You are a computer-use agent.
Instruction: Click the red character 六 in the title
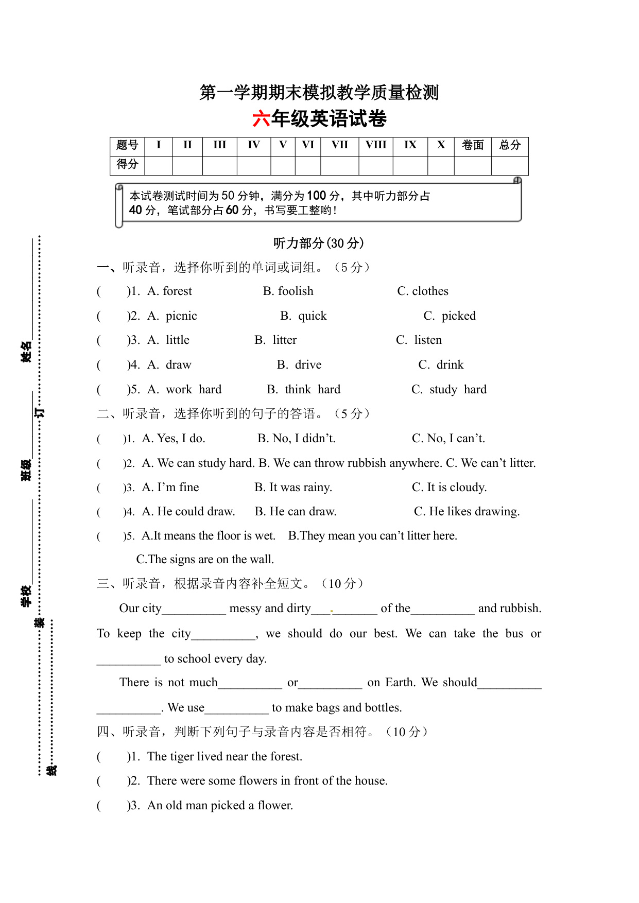point(262,119)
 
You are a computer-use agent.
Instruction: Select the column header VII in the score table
point(339,145)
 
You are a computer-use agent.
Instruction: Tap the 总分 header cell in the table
point(510,145)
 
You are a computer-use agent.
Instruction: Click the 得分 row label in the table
point(127,164)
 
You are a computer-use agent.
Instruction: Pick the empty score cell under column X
point(441,165)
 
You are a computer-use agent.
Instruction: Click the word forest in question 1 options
point(177,291)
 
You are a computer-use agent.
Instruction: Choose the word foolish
point(296,291)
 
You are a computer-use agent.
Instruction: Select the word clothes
point(430,291)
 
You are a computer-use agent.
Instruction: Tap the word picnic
point(181,316)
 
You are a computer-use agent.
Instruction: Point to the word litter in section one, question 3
point(285,340)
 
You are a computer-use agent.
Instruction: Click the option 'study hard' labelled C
point(458,390)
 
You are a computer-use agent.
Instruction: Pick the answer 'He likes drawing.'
point(474,512)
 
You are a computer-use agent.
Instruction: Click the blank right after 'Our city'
point(194,610)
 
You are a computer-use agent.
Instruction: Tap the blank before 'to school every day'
point(129,660)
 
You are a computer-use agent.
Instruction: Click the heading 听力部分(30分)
point(319,243)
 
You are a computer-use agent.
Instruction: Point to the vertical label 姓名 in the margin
point(26,351)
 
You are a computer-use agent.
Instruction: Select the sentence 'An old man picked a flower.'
point(220,806)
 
